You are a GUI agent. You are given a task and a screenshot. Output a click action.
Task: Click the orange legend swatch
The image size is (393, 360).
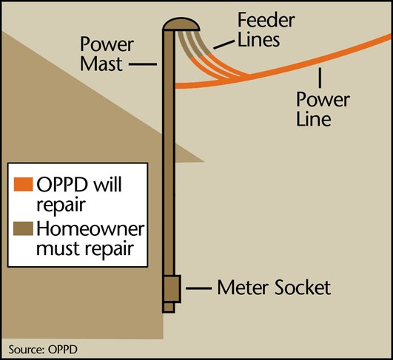[x=23, y=184]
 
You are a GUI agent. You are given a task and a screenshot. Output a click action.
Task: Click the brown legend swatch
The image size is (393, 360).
[x=23, y=228]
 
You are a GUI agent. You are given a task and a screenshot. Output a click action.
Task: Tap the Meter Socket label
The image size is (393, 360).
[x=274, y=288]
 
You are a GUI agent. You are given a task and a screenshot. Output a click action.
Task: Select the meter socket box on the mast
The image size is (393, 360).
[x=172, y=289]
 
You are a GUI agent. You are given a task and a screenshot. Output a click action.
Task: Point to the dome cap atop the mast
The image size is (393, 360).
[x=181, y=24]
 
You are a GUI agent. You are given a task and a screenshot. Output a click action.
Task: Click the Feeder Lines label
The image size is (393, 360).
[x=266, y=30]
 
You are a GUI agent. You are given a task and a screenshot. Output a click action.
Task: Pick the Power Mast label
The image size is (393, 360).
[x=107, y=54]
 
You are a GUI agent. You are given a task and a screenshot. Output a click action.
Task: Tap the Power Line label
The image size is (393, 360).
[x=323, y=109]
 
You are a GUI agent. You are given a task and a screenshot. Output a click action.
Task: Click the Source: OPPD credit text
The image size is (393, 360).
[x=43, y=350]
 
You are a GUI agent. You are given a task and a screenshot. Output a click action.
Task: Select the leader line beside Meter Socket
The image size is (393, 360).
[x=199, y=288]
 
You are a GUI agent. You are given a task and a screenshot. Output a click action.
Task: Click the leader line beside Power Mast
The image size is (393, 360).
[x=143, y=64]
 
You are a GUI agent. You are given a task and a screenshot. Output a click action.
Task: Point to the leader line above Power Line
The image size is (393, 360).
[x=320, y=78]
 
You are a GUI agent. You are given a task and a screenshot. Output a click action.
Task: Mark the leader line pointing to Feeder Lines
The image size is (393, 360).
[x=224, y=44]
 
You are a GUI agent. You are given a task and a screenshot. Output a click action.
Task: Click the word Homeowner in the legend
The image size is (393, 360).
[x=91, y=229]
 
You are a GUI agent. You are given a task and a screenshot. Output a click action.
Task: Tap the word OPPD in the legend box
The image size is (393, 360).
[x=62, y=184]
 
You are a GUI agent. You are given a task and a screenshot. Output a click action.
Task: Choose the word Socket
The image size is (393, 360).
[x=303, y=288]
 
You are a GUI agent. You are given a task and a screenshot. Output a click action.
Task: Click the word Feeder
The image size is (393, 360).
[x=266, y=20]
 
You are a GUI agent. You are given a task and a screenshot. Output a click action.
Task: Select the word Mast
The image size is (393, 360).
[x=101, y=64]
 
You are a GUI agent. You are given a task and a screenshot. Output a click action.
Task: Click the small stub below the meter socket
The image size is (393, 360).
[x=169, y=308]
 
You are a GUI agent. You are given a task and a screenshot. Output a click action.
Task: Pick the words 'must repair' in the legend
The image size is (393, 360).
[x=85, y=248]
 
